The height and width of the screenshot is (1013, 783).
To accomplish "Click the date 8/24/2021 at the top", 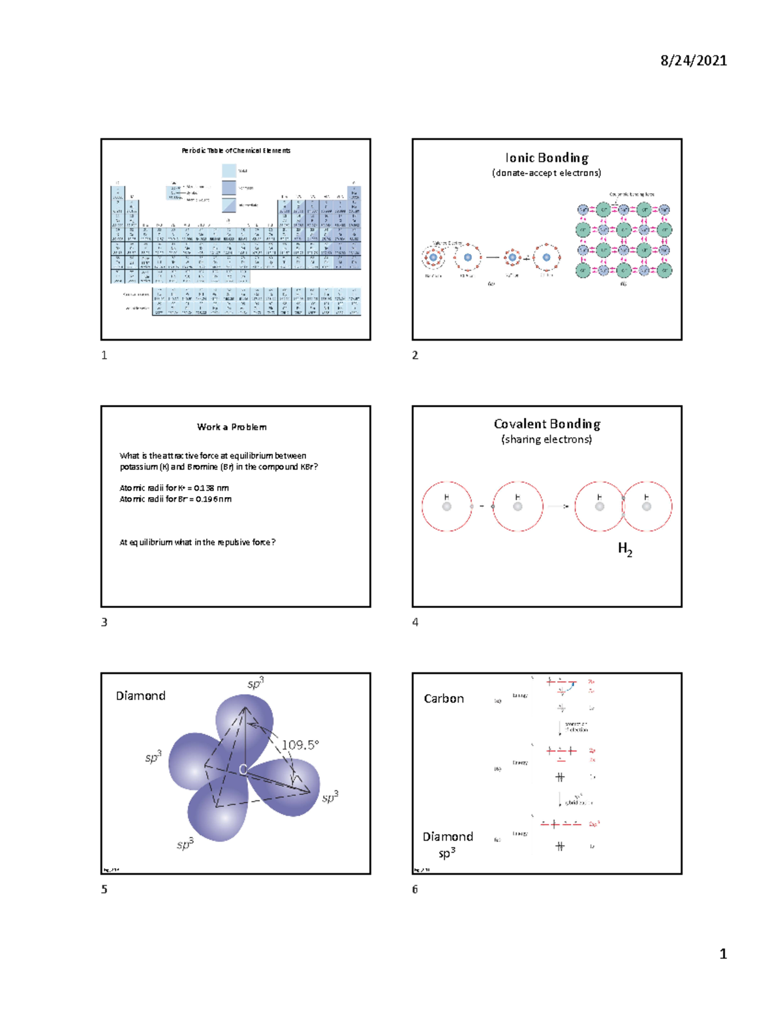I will tap(693, 61).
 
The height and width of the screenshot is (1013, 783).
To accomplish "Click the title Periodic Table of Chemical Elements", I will tap(236, 151).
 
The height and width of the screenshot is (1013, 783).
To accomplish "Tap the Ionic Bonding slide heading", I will tap(547, 158).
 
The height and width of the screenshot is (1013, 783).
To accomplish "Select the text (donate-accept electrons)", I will tap(547, 173).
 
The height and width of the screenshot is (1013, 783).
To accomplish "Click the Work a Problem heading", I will tap(232, 427).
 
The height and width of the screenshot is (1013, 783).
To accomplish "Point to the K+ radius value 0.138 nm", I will tap(211, 488).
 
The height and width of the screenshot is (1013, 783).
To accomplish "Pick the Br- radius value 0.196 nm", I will tap(213, 499).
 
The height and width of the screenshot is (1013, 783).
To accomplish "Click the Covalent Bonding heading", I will tap(547, 424).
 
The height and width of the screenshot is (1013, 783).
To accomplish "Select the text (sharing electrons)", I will tap(547, 440).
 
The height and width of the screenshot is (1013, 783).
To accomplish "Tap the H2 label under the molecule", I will tap(625, 549).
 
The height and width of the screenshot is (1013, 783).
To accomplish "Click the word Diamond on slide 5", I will tap(140, 696).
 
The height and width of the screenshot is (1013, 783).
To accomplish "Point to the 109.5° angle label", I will tap(300, 745).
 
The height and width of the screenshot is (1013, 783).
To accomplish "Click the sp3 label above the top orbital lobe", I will tap(255, 684).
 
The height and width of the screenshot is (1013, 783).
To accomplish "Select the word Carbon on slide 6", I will tap(444, 699).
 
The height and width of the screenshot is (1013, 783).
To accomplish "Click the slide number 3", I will tap(104, 622).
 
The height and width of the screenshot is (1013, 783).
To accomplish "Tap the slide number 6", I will tap(415, 889).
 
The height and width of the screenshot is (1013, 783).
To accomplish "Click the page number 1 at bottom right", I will tap(723, 954).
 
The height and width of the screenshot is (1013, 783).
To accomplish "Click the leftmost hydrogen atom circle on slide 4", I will tap(447, 506).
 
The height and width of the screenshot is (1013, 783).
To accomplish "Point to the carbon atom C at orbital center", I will tap(243, 770).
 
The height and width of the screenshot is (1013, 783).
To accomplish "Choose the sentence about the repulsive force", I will tap(197, 542).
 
